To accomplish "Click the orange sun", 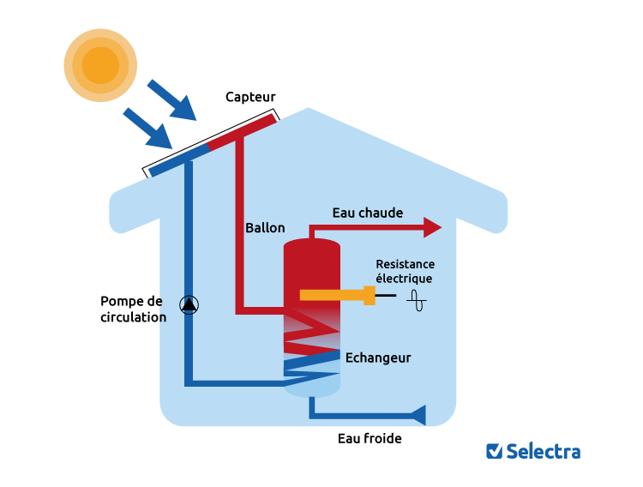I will (100, 65).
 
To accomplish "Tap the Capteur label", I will (250, 97).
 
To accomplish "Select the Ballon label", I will (265, 228).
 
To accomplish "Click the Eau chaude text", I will (367, 213).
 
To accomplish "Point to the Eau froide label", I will (370, 438).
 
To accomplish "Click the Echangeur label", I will (377, 358).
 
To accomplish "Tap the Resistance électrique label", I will (405, 271).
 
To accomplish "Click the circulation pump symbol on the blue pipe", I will (189, 304).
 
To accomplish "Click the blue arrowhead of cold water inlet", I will (418, 415).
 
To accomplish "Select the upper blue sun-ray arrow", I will (172, 100).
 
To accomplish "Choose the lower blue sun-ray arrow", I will (147, 127).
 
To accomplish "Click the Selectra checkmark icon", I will (494, 451).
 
